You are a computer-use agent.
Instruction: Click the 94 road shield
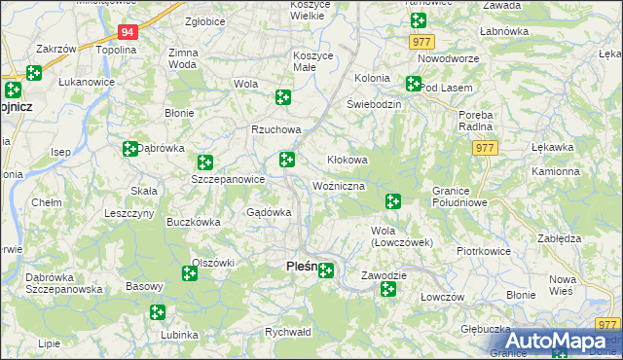pos(130,32)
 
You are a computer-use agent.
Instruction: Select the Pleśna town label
pos(302,266)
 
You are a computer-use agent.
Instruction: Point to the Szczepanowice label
pos(228,180)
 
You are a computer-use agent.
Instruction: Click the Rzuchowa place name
pos(276,129)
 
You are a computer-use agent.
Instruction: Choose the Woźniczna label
pos(339,185)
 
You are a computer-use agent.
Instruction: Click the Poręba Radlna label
pos(477,120)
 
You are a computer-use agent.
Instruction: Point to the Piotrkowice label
pos(484,250)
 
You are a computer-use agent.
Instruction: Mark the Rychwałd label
pos(287,332)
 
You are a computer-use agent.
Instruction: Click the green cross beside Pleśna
pos(326,270)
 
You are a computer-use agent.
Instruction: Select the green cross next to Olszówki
pos(190,274)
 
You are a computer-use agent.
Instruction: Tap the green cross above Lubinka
pos(158,312)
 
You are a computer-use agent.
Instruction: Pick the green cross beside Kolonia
pos(414,85)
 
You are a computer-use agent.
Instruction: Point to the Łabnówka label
pos(503,31)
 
